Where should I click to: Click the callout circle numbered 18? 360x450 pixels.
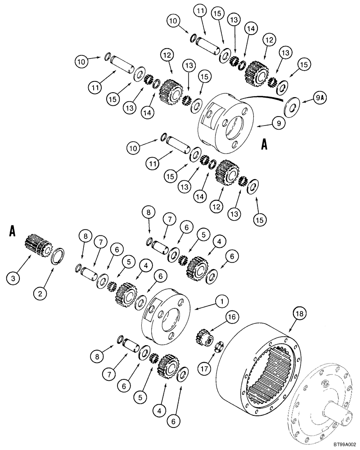coord(299,312)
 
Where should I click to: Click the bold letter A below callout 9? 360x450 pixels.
coord(265,145)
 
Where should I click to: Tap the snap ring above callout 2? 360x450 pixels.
coord(59,259)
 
